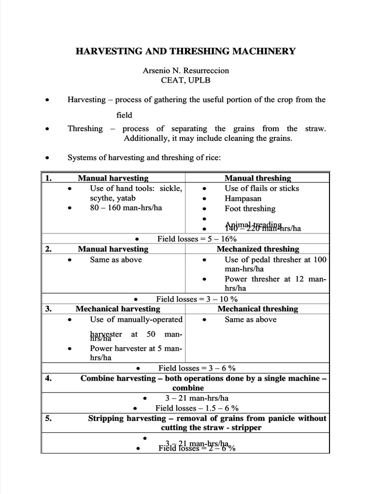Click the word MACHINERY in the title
(263, 51)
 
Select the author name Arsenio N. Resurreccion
(185, 70)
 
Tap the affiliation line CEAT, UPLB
(185, 80)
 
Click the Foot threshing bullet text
(250, 208)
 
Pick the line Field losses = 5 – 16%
(197, 239)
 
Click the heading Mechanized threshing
(258, 249)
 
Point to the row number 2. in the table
(48, 249)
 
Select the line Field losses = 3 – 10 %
(197, 299)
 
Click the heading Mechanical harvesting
(118, 309)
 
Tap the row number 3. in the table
(48, 309)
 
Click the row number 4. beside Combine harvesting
(48, 378)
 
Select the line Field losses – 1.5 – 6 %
(195, 408)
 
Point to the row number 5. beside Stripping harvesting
(48, 418)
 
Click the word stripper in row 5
(248, 428)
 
